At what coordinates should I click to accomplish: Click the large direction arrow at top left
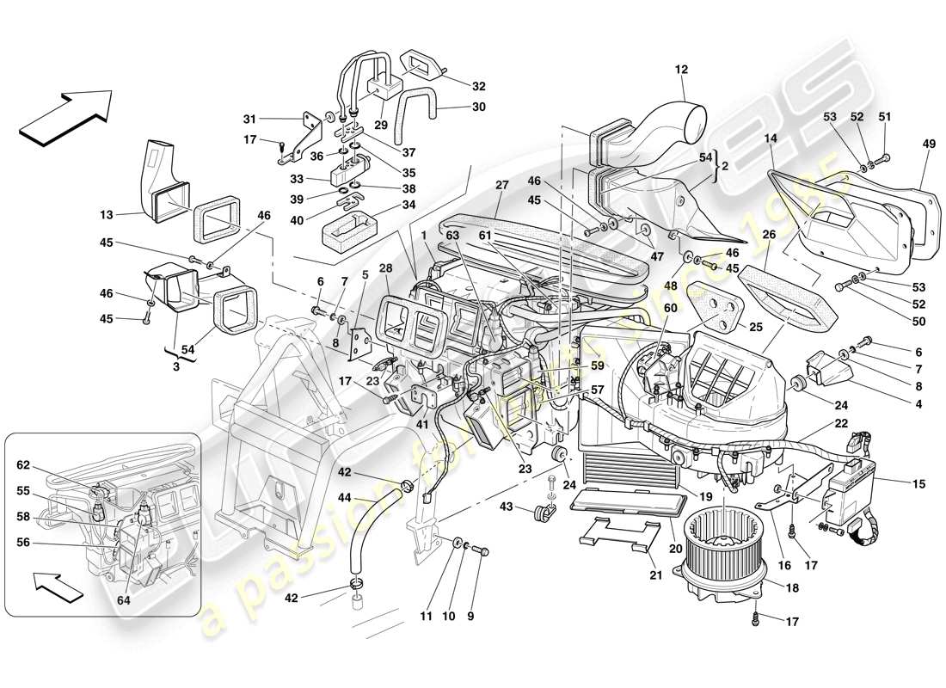point(66,114)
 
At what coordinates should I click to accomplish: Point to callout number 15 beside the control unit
point(919,484)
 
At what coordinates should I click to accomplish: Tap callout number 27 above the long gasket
point(502,184)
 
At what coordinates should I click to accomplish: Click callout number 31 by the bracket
point(249,119)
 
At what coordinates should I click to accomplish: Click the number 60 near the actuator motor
point(670,308)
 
